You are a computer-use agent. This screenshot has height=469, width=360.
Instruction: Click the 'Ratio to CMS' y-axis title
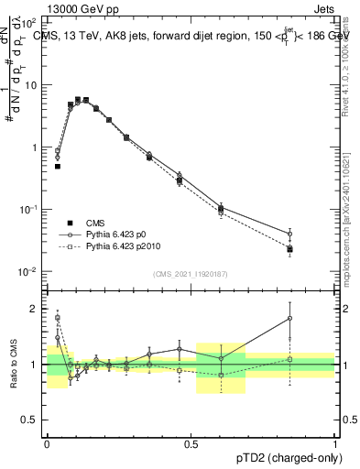point(13,365)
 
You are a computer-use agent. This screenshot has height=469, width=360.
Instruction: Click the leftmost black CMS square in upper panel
point(57,167)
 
